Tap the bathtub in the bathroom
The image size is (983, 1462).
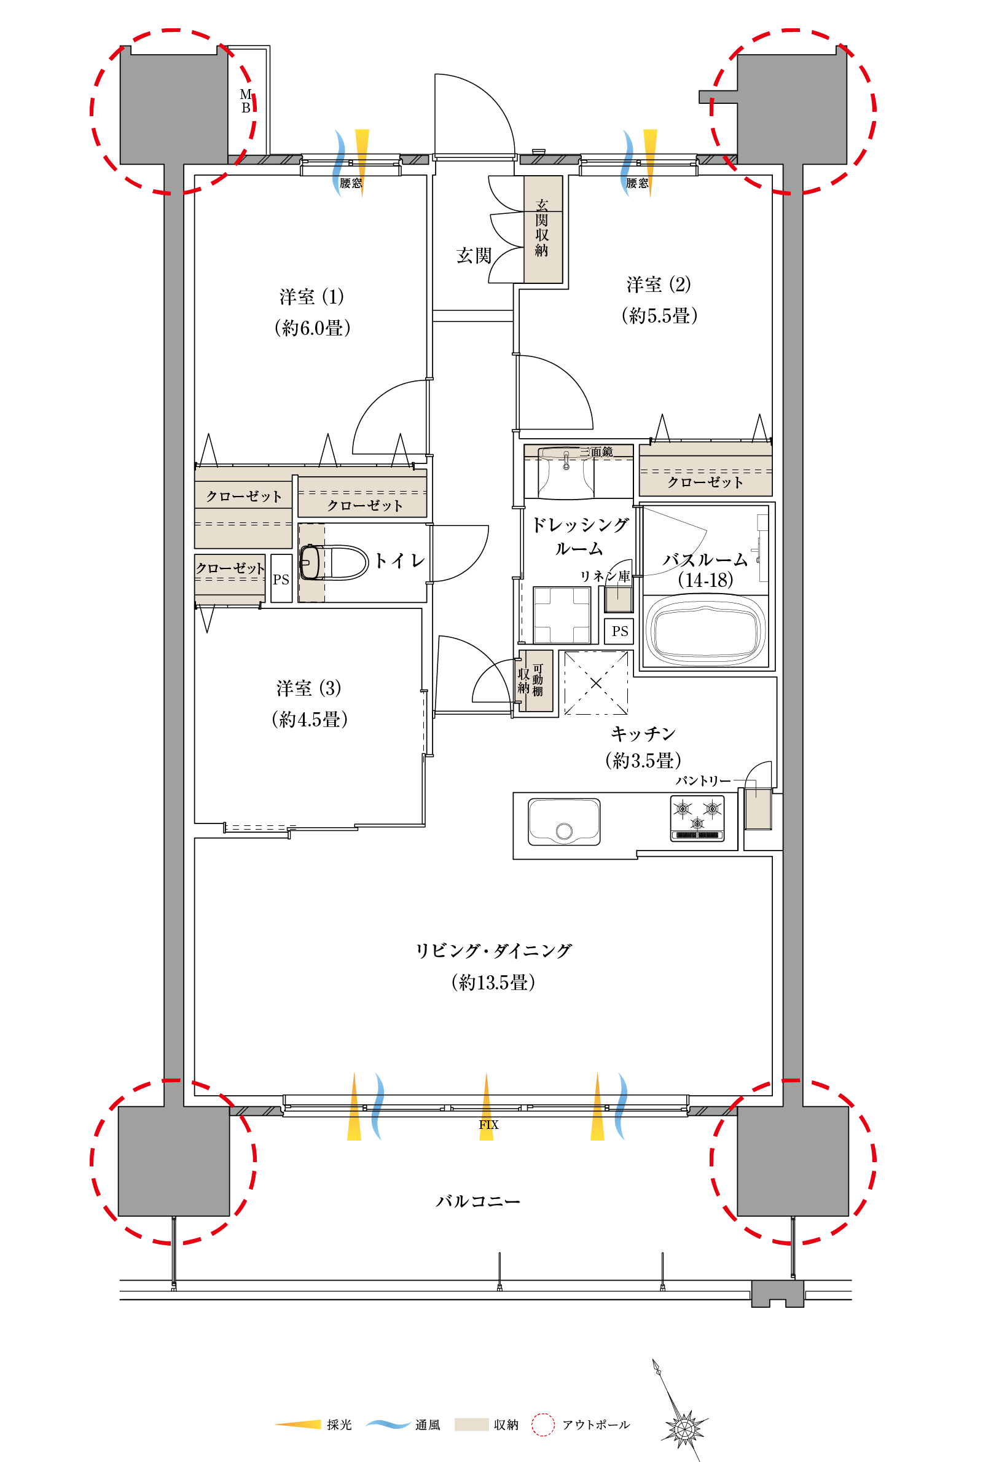tap(707, 630)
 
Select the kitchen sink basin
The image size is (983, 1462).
tap(564, 821)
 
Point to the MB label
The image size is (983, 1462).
tap(246, 101)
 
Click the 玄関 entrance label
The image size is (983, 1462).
tap(474, 255)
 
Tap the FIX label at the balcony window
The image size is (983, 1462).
tap(488, 1125)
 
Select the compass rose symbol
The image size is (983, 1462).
tap(683, 1429)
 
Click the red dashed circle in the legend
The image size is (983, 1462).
tap(543, 1425)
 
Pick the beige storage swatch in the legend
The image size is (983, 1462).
tap(471, 1425)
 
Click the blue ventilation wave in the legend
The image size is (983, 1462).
tap(388, 1425)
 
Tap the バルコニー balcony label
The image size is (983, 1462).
tap(478, 1201)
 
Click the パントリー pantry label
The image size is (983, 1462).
tap(703, 780)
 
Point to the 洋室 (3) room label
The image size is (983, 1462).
tap(309, 688)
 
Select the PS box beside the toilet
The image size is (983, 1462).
tap(281, 579)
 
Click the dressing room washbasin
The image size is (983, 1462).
tap(566, 472)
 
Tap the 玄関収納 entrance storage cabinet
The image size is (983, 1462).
tap(543, 229)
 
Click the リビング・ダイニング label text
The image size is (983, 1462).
tap(493, 951)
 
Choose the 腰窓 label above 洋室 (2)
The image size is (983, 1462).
tap(637, 183)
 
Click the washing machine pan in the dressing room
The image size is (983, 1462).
tap(562, 615)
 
